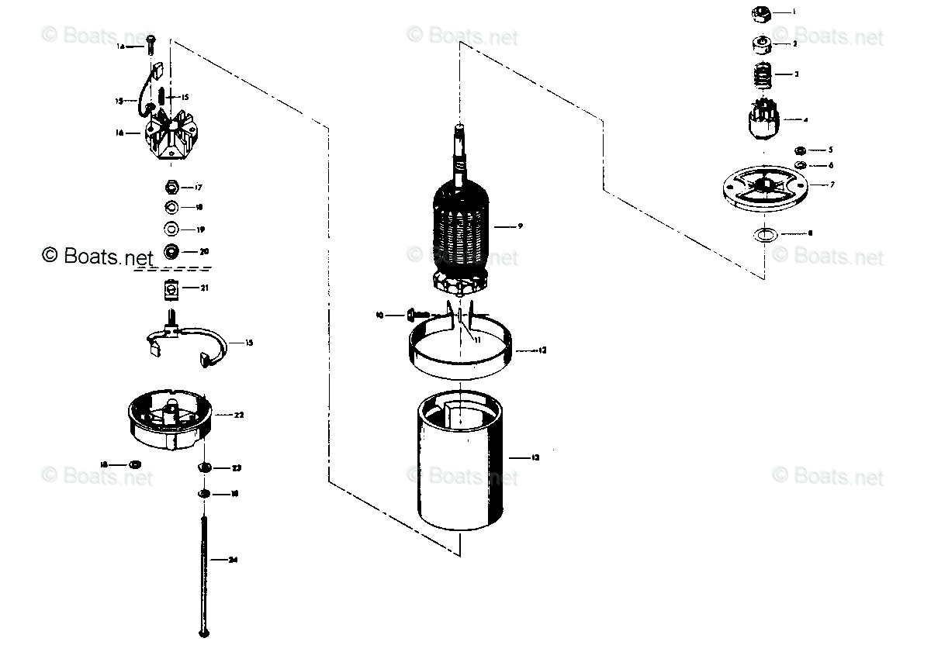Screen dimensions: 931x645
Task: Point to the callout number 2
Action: click(x=795, y=44)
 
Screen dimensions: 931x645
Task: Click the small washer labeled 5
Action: click(x=800, y=150)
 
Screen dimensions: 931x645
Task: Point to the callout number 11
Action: click(x=478, y=340)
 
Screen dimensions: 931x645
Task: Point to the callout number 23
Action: click(x=237, y=468)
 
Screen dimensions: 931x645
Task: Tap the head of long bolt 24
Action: click(x=205, y=633)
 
